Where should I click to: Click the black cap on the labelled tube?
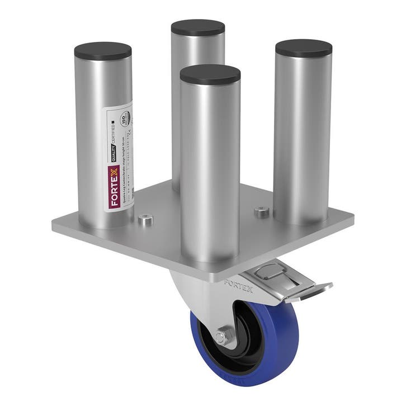102,51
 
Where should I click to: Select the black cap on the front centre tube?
210,74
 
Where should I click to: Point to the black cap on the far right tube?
304,49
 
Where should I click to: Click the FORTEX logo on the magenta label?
115,191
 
